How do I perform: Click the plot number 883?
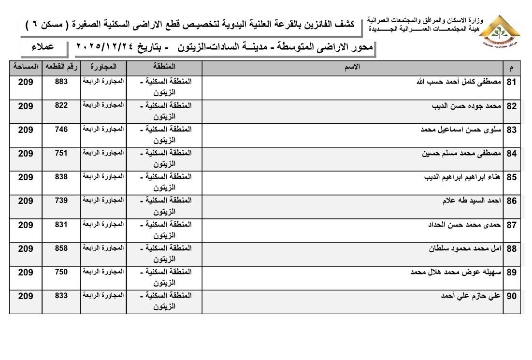pos(61,82)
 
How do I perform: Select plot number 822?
pos(61,106)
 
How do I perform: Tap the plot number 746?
pos(61,130)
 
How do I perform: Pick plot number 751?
pos(61,154)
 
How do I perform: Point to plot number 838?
pos(61,177)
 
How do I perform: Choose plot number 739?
pos(61,201)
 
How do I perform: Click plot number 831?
pos(61,225)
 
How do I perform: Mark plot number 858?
pos(61,248)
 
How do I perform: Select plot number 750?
pos(61,272)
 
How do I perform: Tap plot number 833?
pos(61,296)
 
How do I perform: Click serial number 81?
pos(512,82)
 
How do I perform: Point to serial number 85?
pos(512,177)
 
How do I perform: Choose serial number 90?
pos(512,296)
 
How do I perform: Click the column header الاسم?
pos(353,67)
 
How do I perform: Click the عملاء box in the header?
pos(43,47)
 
